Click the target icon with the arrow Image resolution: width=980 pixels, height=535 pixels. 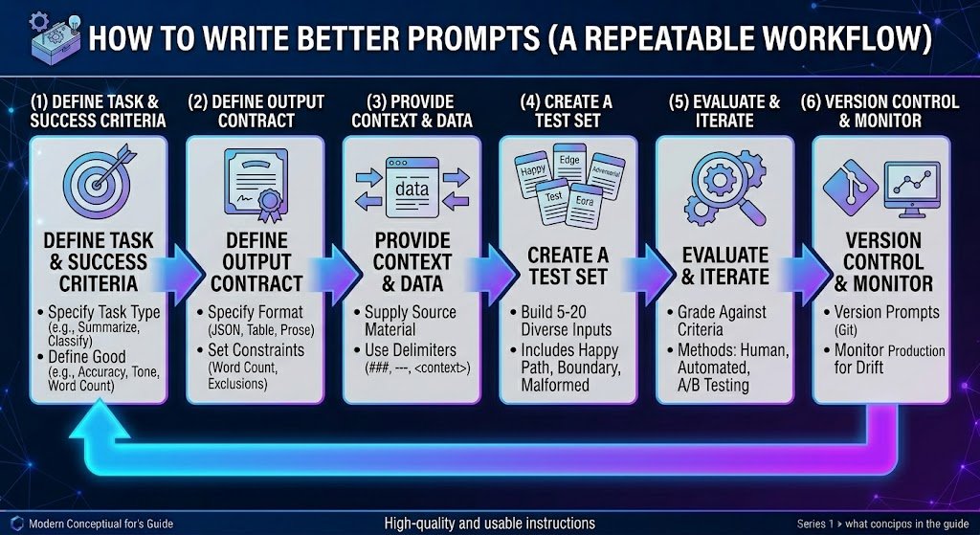tap(99, 182)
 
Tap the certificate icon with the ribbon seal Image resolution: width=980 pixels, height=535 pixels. tap(256, 185)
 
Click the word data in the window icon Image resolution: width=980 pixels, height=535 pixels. tap(412, 189)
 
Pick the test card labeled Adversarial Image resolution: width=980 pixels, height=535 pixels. tap(606, 176)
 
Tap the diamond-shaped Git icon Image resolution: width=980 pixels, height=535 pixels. tap(850, 188)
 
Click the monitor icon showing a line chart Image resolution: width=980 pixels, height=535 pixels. tap(912, 189)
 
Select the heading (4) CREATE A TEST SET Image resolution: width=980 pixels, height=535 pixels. tap(568, 111)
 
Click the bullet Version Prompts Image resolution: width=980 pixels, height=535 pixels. tap(886, 312)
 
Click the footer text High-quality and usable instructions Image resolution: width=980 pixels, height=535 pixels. tap(489, 524)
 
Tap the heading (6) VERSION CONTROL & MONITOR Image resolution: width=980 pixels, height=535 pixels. tap(880, 111)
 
